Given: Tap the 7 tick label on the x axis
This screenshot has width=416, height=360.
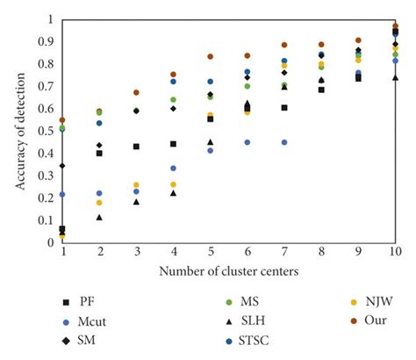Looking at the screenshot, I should tap(284, 251).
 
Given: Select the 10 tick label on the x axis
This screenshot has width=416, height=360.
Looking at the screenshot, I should tap(395, 251).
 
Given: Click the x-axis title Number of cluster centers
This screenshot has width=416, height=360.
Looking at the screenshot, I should tap(228, 270).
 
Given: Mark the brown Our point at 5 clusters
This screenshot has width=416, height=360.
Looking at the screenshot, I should tap(210, 56).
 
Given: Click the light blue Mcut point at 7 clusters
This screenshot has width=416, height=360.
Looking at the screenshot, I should tap(284, 141).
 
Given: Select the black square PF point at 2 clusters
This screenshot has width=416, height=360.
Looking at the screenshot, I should tap(99, 153).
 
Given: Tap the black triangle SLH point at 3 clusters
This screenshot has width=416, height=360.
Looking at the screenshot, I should tap(136, 202).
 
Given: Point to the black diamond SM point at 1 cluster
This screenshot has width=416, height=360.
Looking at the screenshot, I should tap(62, 165).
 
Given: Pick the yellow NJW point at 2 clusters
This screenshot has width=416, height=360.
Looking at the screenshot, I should tap(99, 203).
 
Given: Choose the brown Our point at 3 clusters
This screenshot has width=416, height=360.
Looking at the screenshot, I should tap(136, 92).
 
